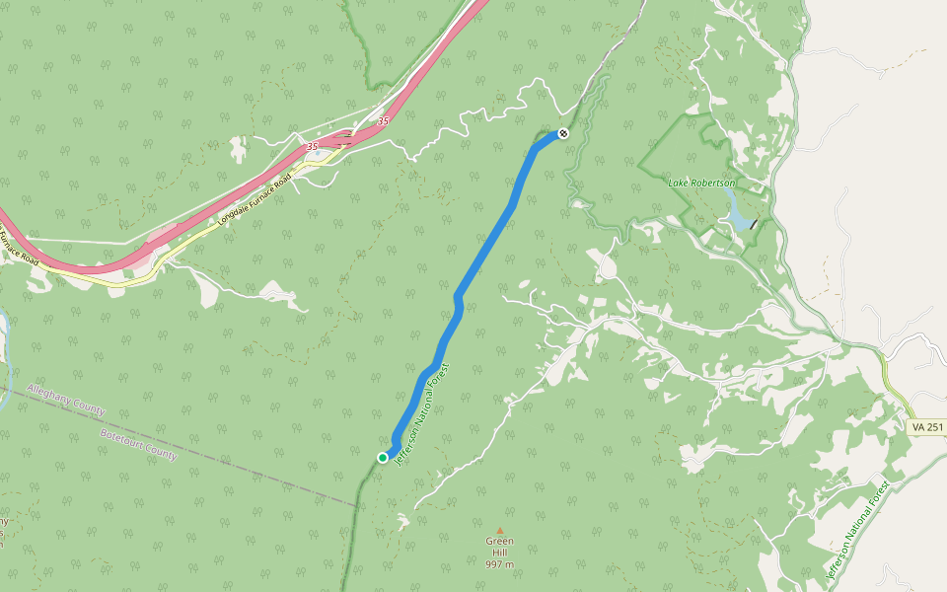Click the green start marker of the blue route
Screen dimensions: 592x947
pos(383,457)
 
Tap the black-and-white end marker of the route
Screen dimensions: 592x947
pos(562,133)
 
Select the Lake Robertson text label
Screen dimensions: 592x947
pos(701,184)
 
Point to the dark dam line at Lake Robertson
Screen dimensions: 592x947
pos(754,224)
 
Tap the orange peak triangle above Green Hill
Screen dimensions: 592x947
pos(499,531)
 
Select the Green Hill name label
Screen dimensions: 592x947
pos(499,547)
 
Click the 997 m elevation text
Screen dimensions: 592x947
pos(499,565)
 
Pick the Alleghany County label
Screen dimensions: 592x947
pos(66,399)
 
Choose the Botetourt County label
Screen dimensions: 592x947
pos(138,443)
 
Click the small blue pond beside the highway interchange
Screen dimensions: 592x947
pos(237,148)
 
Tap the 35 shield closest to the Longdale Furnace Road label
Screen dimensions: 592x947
pos(313,146)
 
